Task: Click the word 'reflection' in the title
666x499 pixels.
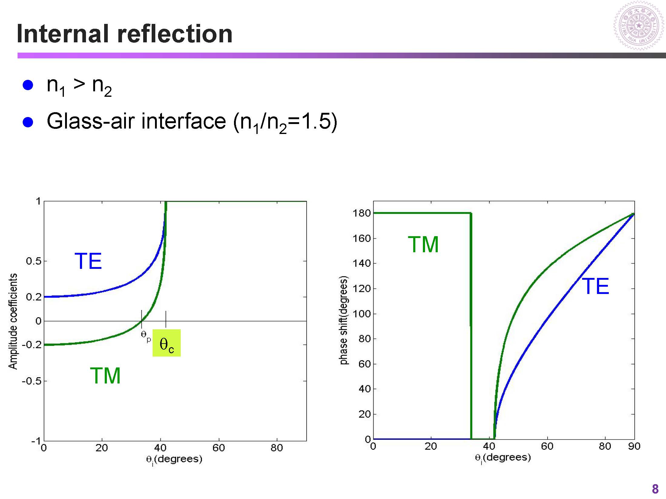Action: [175, 34]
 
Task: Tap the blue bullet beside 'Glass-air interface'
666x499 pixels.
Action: [28, 122]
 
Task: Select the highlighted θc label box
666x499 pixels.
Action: [166, 343]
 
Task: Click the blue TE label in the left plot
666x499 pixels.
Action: [88, 261]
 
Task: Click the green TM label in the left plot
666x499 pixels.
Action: [105, 376]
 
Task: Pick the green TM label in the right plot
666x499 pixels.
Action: [423, 244]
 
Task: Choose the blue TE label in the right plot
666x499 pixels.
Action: [595, 286]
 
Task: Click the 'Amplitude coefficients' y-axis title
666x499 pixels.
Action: [13, 321]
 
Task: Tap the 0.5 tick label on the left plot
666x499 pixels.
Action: [34, 261]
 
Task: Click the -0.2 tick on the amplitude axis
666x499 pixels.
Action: [31, 345]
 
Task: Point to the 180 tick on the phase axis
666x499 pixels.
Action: [361, 213]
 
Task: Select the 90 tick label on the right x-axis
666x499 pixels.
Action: [634, 446]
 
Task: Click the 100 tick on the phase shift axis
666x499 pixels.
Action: [361, 314]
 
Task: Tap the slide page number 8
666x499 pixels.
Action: [655, 489]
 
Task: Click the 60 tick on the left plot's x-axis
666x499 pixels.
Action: [219, 448]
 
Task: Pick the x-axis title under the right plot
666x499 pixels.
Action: [503, 458]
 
